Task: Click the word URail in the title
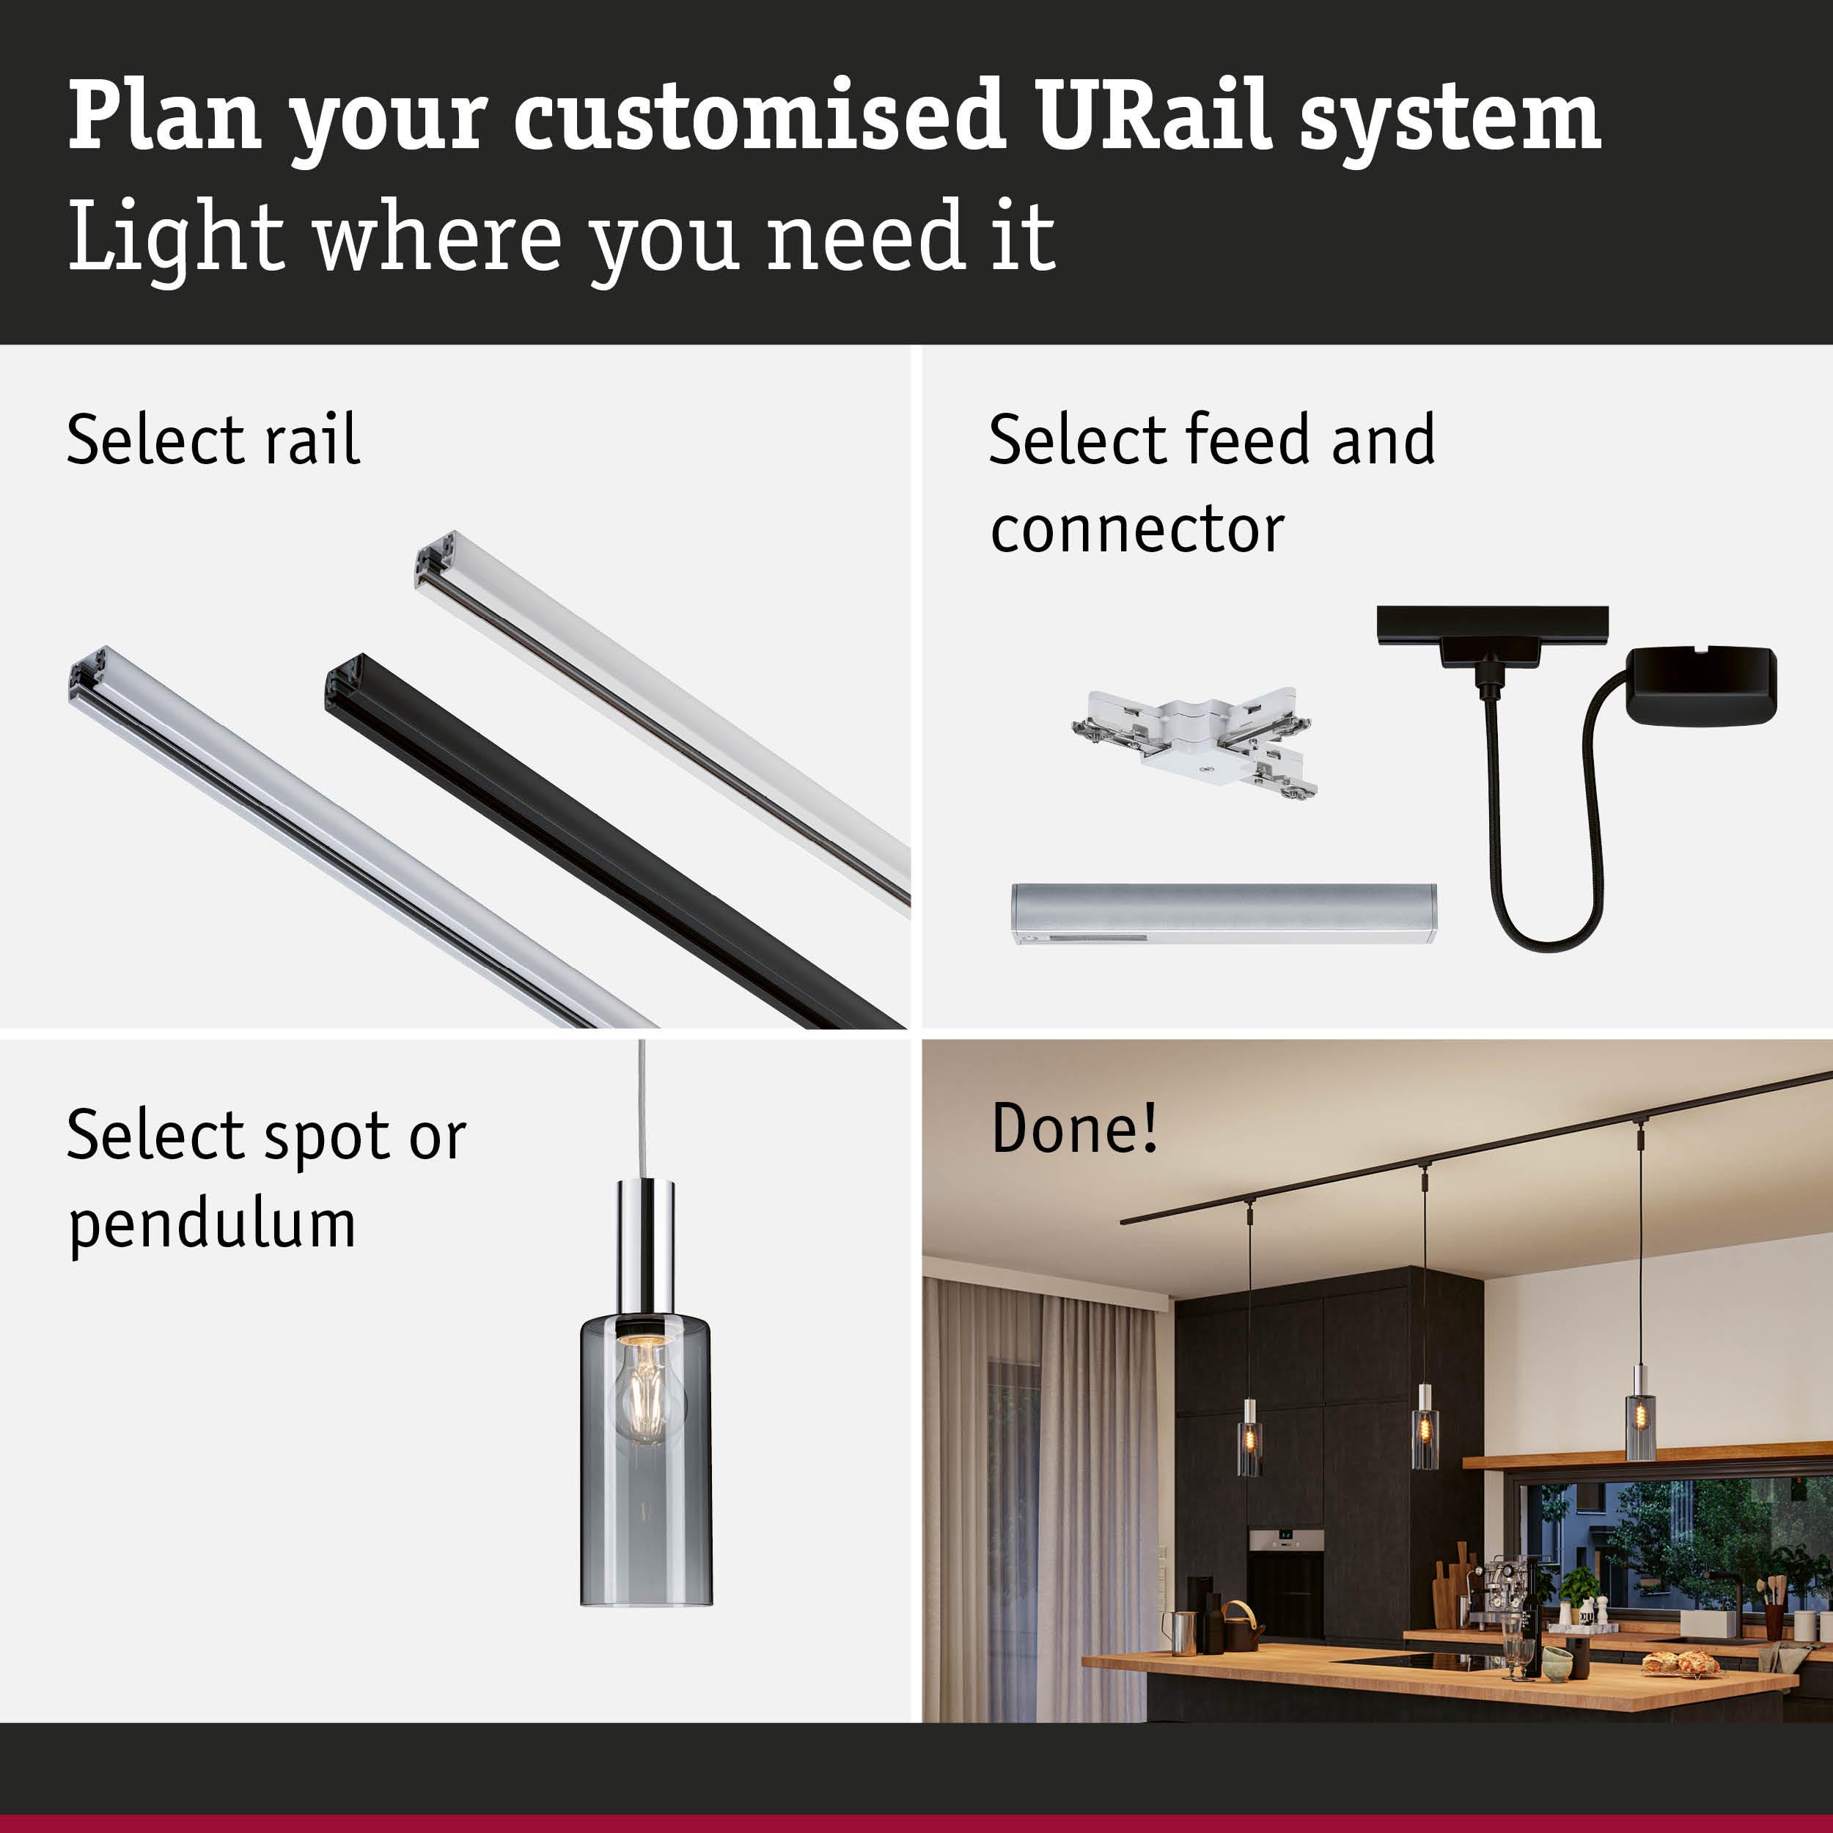tap(1153, 117)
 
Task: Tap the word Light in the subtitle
tap(175, 237)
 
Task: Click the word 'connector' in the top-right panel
tap(1136, 529)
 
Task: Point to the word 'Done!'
tap(1074, 1128)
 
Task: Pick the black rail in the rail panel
tap(607, 845)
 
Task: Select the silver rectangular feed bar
tap(1223, 913)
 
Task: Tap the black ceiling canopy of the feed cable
tap(1701, 685)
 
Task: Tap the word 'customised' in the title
tap(759, 117)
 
